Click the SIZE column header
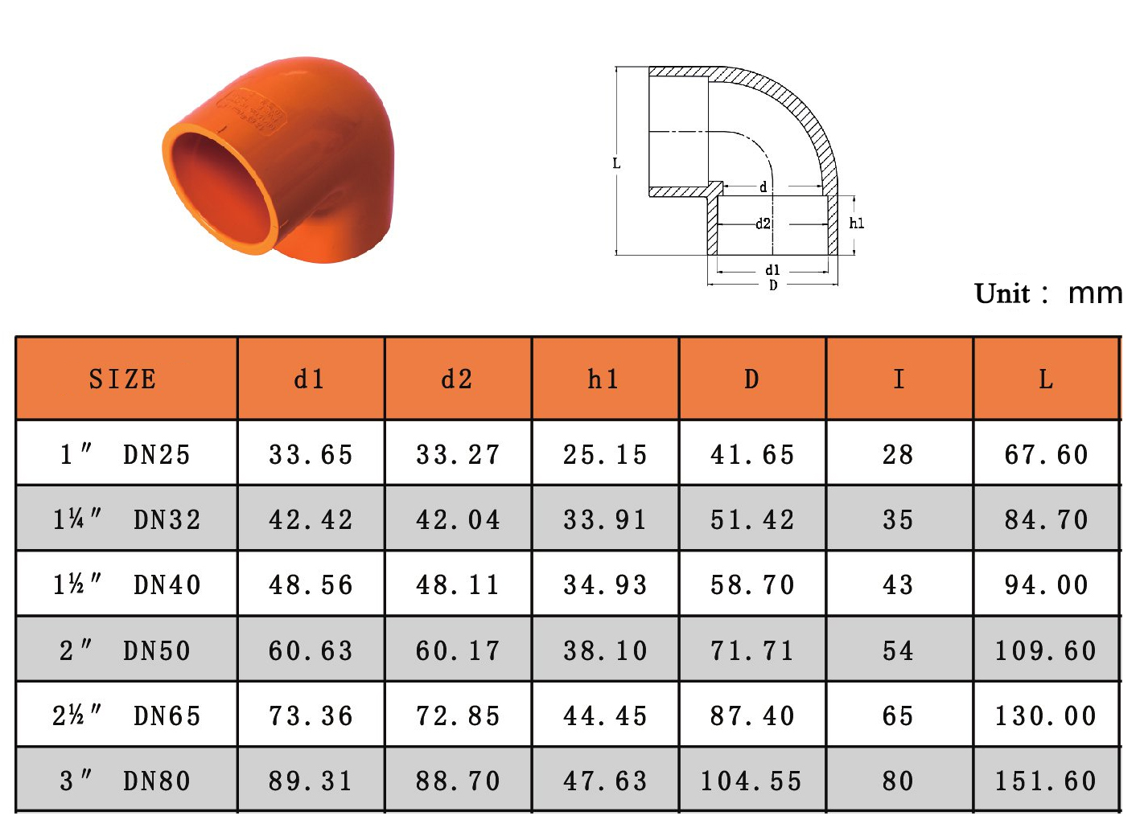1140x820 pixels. coord(122,379)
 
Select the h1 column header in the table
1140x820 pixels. coord(603,379)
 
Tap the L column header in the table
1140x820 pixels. coord(1046,379)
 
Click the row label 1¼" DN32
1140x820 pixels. coord(127,520)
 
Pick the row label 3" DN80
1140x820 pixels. coord(126,781)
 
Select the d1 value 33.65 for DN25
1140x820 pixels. coord(311,455)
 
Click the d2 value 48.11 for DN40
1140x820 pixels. coord(458,585)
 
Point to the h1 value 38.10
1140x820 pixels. coord(605,651)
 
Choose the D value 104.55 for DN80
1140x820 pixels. coord(751,781)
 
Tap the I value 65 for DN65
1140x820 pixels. coord(899,716)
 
